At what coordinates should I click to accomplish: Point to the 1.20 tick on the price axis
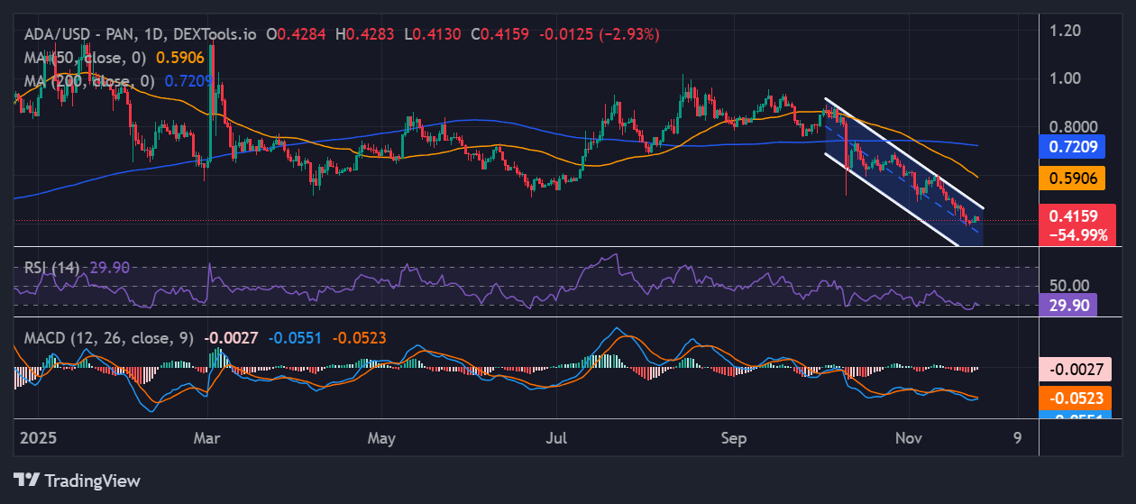tap(1072, 31)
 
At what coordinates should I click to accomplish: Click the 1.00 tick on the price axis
tap(1072, 78)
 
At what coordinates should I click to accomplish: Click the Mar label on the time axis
tap(208, 439)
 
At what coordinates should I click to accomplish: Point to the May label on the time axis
tap(382, 439)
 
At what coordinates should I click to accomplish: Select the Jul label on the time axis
tap(557, 439)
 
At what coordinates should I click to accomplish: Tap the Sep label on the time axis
tap(735, 439)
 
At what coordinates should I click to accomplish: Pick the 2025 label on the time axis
tap(39, 439)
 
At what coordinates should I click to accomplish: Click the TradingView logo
tap(77, 480)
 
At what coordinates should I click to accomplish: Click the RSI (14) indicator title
tap(51, 268)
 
